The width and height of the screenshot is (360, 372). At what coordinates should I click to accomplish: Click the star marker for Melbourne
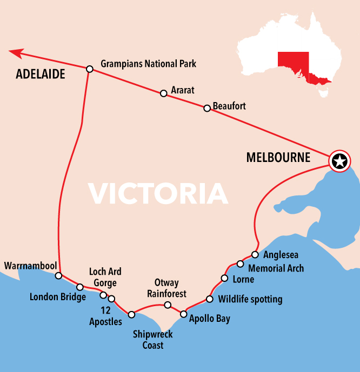pos(339,161)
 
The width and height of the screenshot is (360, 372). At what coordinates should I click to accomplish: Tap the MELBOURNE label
pos(278,158)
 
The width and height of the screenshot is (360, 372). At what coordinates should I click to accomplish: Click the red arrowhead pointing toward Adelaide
pos(16,52)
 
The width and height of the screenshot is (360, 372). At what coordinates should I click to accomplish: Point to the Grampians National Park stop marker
pos(90,69)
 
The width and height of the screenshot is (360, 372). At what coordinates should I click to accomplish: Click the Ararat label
pos(182,90)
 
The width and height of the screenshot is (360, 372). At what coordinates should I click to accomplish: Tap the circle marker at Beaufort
pos(206,109)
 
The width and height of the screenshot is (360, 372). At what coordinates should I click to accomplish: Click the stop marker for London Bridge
pos(80,287)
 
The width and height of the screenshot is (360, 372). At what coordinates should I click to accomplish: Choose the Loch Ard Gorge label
pos(105,277)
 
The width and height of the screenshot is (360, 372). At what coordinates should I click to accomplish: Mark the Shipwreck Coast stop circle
pos(131,314)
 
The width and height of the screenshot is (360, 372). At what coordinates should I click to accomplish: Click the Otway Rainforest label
pos(166,288)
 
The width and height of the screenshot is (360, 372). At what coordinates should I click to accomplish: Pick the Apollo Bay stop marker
pos(183,314)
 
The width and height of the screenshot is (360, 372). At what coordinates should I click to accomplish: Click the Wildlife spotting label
pos(250,299)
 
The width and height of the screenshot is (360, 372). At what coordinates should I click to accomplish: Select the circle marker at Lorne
pos(224,279)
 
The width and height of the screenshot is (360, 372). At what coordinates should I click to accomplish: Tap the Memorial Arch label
pos(276,268)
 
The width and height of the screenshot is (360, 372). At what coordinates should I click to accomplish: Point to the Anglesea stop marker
pos(255,254)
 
